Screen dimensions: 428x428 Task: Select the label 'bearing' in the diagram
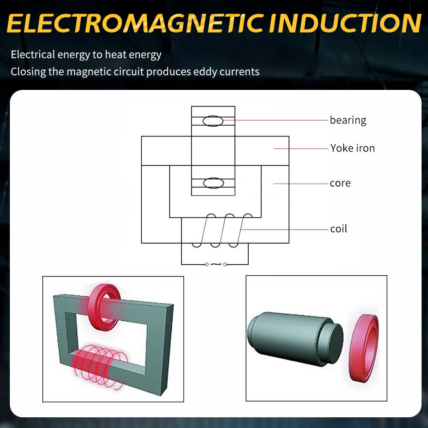click(348, 120)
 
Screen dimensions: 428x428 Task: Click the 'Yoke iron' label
click(352, 149)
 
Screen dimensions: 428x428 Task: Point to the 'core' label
click(340, 183)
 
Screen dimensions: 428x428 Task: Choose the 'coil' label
click(338, 229)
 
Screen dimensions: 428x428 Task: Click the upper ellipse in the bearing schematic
click(213, 121)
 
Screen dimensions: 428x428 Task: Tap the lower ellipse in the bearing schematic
click(213, 183)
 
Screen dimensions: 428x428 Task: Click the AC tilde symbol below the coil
click(215, 265)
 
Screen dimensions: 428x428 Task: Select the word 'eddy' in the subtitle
click(205, 71)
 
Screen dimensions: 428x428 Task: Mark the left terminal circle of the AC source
click(207, 265)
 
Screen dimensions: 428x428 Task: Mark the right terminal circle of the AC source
click(225, 265)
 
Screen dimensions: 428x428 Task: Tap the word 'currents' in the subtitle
click(240, 71)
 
